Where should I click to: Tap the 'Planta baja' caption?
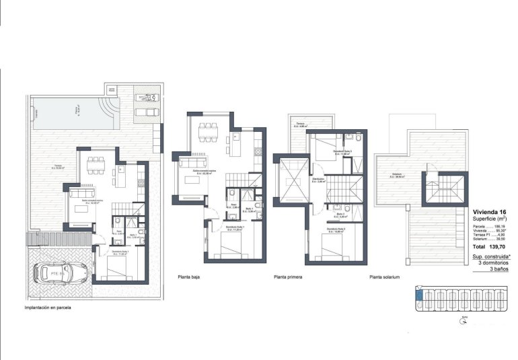(x=190, y=277)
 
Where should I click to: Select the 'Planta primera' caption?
(x=289, y=277)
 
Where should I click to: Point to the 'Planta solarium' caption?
(x=385, y=277)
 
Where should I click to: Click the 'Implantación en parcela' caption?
(x=48, y=308)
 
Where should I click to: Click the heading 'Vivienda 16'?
(x=490, y=211)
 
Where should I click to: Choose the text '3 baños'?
(x=497, y=268)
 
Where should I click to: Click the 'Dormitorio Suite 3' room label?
(x=342, y=152)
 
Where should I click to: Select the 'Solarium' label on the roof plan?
(x=398, y=176)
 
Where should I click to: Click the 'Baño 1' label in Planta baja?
(x=248, y=209)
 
